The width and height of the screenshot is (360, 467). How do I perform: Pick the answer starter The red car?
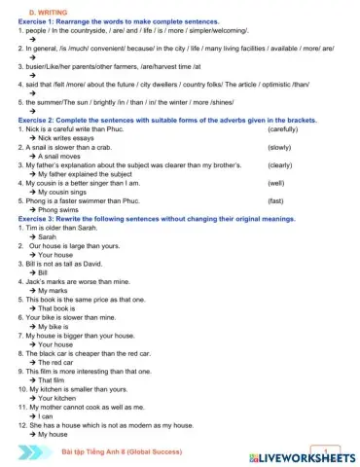click(x=59, y=362)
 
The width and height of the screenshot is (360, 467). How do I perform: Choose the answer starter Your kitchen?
click(x=60, y=398)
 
